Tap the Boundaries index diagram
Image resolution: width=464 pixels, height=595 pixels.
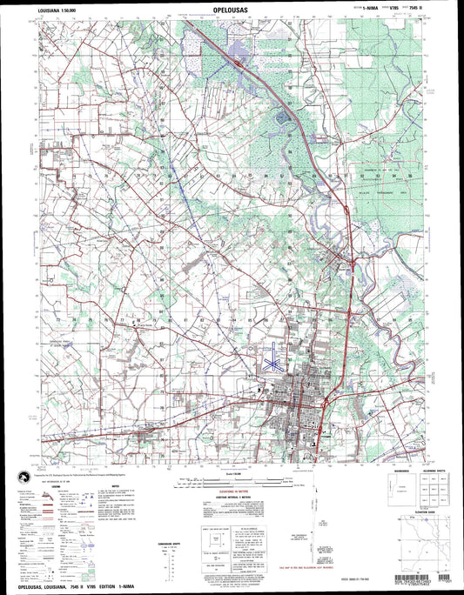pos(397,500)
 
